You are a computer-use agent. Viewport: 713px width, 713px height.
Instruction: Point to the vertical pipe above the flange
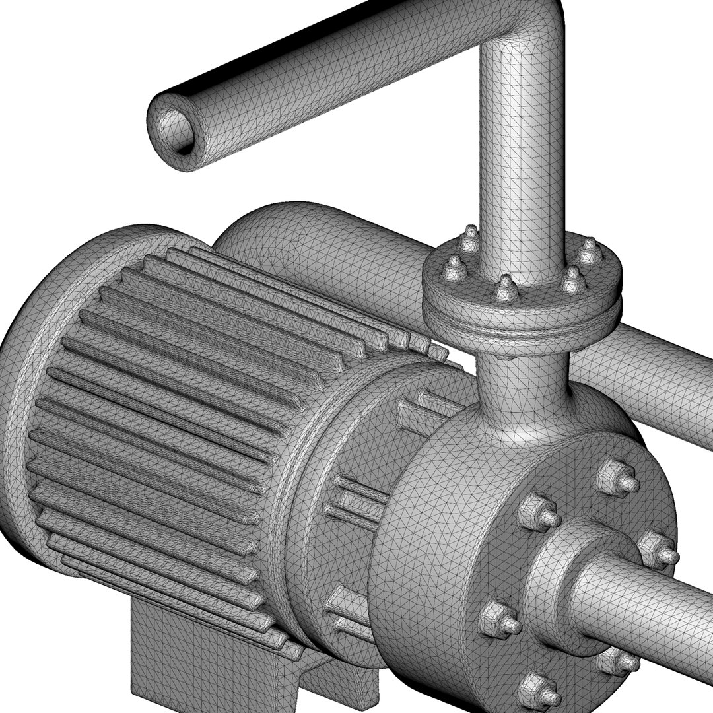pos(522,165)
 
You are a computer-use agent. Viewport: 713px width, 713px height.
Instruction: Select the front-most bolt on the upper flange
pos(506,289)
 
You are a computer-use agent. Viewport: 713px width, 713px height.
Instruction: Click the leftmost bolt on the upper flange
pos(454,268)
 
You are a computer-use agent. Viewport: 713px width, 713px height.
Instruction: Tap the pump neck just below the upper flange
pos(522,390)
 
